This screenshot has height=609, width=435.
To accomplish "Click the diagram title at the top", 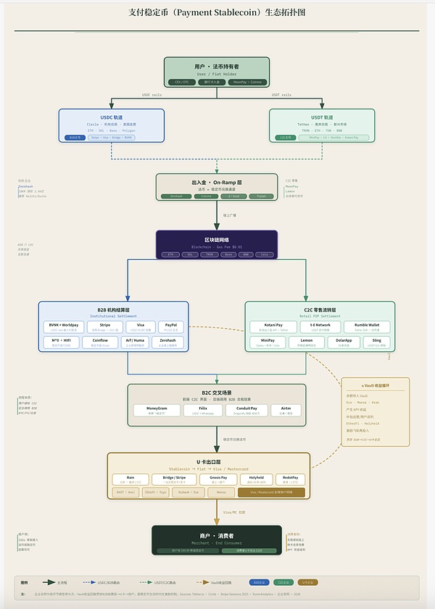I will pos(217,12).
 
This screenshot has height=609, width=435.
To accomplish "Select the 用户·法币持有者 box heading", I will pos(216,67).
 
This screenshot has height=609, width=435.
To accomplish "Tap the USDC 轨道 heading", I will pos(111,117).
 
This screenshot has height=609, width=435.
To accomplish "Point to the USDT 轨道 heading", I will pos(321,117).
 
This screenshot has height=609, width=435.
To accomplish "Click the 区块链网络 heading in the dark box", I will pos(216,239).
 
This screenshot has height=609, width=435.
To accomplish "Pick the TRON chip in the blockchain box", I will pos(207,255).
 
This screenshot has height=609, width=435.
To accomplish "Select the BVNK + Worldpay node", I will pos(65,327).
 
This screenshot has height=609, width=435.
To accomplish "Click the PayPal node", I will pos(171,327).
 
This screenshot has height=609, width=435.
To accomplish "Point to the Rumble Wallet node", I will pos(367,327).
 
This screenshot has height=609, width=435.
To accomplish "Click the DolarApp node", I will pos(344,342).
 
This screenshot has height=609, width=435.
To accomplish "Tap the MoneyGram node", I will pos(157,410).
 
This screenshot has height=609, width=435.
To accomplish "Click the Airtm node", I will pos(287,410).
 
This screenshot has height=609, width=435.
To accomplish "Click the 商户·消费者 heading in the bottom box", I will pos(216,536).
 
